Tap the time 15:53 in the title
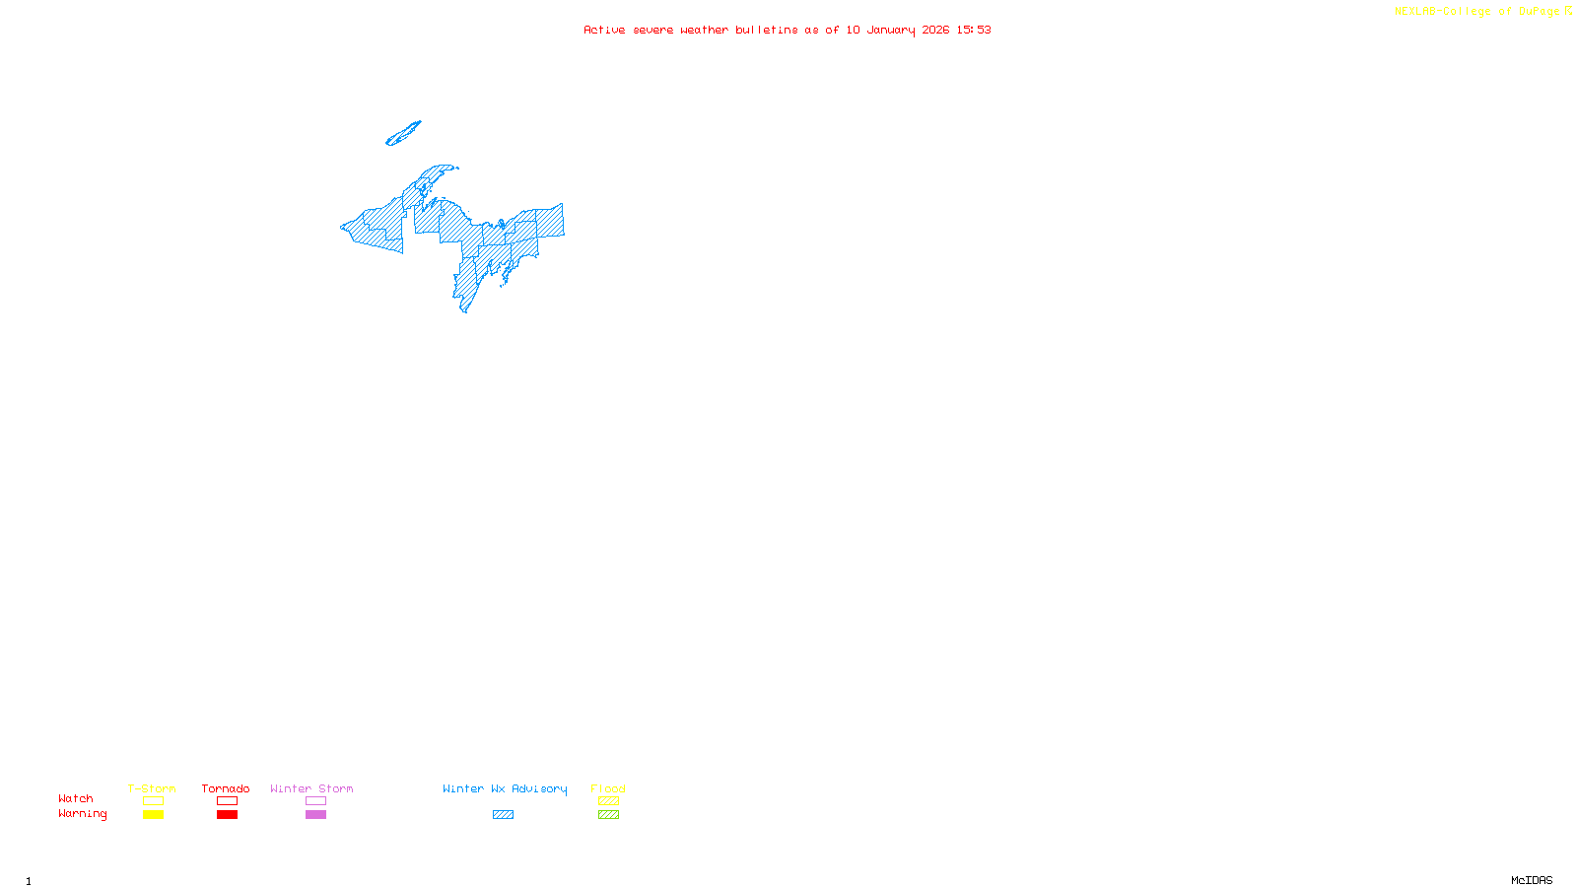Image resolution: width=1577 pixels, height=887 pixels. (974, 31)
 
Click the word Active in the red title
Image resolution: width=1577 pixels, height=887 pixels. (604, 31)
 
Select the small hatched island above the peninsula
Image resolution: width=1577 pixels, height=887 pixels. (403, 134)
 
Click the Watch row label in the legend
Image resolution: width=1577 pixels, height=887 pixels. (76, 799)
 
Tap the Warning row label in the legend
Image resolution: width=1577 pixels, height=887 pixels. (83, 814)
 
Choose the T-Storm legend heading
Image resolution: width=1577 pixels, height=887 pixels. (152, 788)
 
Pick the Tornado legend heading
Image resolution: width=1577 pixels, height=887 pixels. (226, 788)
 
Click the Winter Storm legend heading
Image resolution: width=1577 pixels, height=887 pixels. (311, 788)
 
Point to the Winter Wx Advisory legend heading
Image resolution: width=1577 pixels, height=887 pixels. (505, 788)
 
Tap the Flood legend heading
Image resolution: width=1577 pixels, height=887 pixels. (608, 788)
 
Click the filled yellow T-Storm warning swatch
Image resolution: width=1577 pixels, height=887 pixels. (153, 815)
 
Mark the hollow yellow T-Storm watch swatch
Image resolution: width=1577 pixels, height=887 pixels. (153, 801)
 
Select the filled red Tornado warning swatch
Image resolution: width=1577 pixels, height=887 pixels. (228, 815)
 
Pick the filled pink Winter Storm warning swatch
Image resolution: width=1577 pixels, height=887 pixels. (315, 815)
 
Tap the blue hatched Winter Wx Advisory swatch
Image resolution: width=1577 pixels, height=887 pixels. (503, 815)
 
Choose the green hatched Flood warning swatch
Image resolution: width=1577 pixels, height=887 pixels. (608, 815)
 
